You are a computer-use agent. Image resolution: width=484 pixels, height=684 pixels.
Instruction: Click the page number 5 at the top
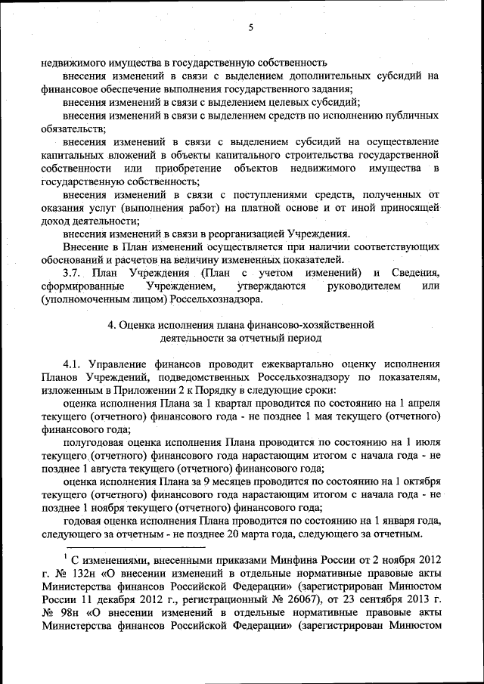click(250, 29)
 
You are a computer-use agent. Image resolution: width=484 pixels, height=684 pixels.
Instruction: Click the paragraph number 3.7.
click(74, 273)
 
